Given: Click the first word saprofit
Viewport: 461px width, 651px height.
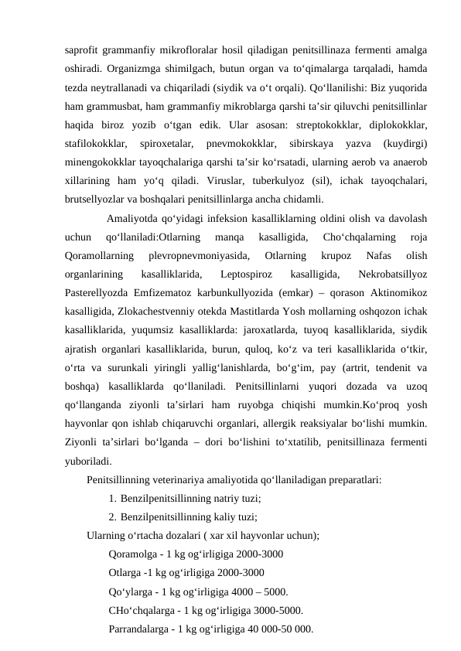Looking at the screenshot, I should [x=83, y=53].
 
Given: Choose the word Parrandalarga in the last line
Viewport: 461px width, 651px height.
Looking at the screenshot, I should [x=141, y=629].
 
